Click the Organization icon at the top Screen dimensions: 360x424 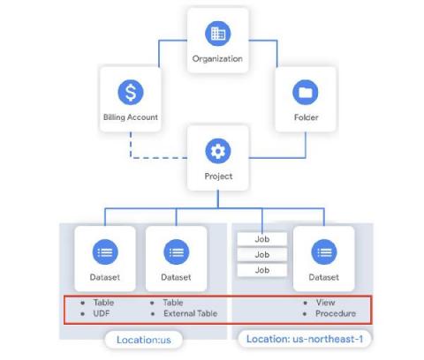(x=217, y=34)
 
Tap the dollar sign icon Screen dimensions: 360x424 (x=130, y=92)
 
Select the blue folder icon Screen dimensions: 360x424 (x=305, y=91)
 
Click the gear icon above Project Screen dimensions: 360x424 (x=217, y=151)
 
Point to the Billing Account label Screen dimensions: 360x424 (x=130, y=117)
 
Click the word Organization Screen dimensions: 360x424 (x=217, y=59)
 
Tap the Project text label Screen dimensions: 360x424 (x=217, y=176)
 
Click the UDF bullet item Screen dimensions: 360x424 (x=97, y=313)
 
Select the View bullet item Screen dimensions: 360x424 (x=323, y=303)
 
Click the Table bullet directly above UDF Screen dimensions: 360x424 (x=100, y=303)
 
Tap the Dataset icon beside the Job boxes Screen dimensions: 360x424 (x=323, y=252)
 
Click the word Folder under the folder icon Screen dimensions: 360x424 (x=305, y=116)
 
